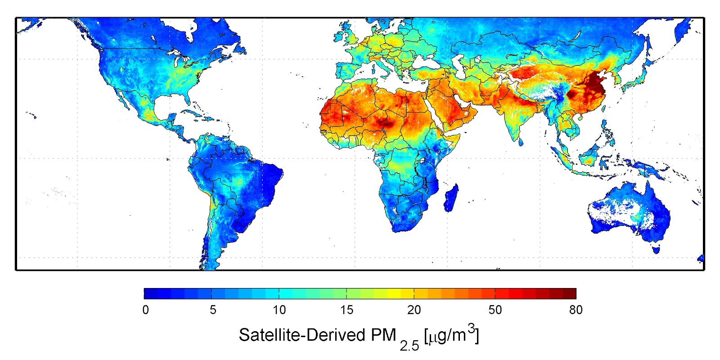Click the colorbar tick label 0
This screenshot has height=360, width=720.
coord(145,310)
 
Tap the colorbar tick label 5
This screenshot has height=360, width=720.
coord(213,310)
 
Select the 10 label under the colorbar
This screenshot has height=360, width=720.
coord(279,310)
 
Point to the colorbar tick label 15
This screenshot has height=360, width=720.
coord(346,310)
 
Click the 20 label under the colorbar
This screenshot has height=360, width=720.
coord(414,310)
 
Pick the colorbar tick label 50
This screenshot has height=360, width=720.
coord(495,310)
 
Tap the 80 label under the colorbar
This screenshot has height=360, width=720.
coord(576,310)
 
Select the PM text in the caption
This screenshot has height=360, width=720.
coord(383,335)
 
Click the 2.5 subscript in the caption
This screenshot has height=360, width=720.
coord(409,345)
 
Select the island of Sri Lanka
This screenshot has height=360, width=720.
coord(521,142)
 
